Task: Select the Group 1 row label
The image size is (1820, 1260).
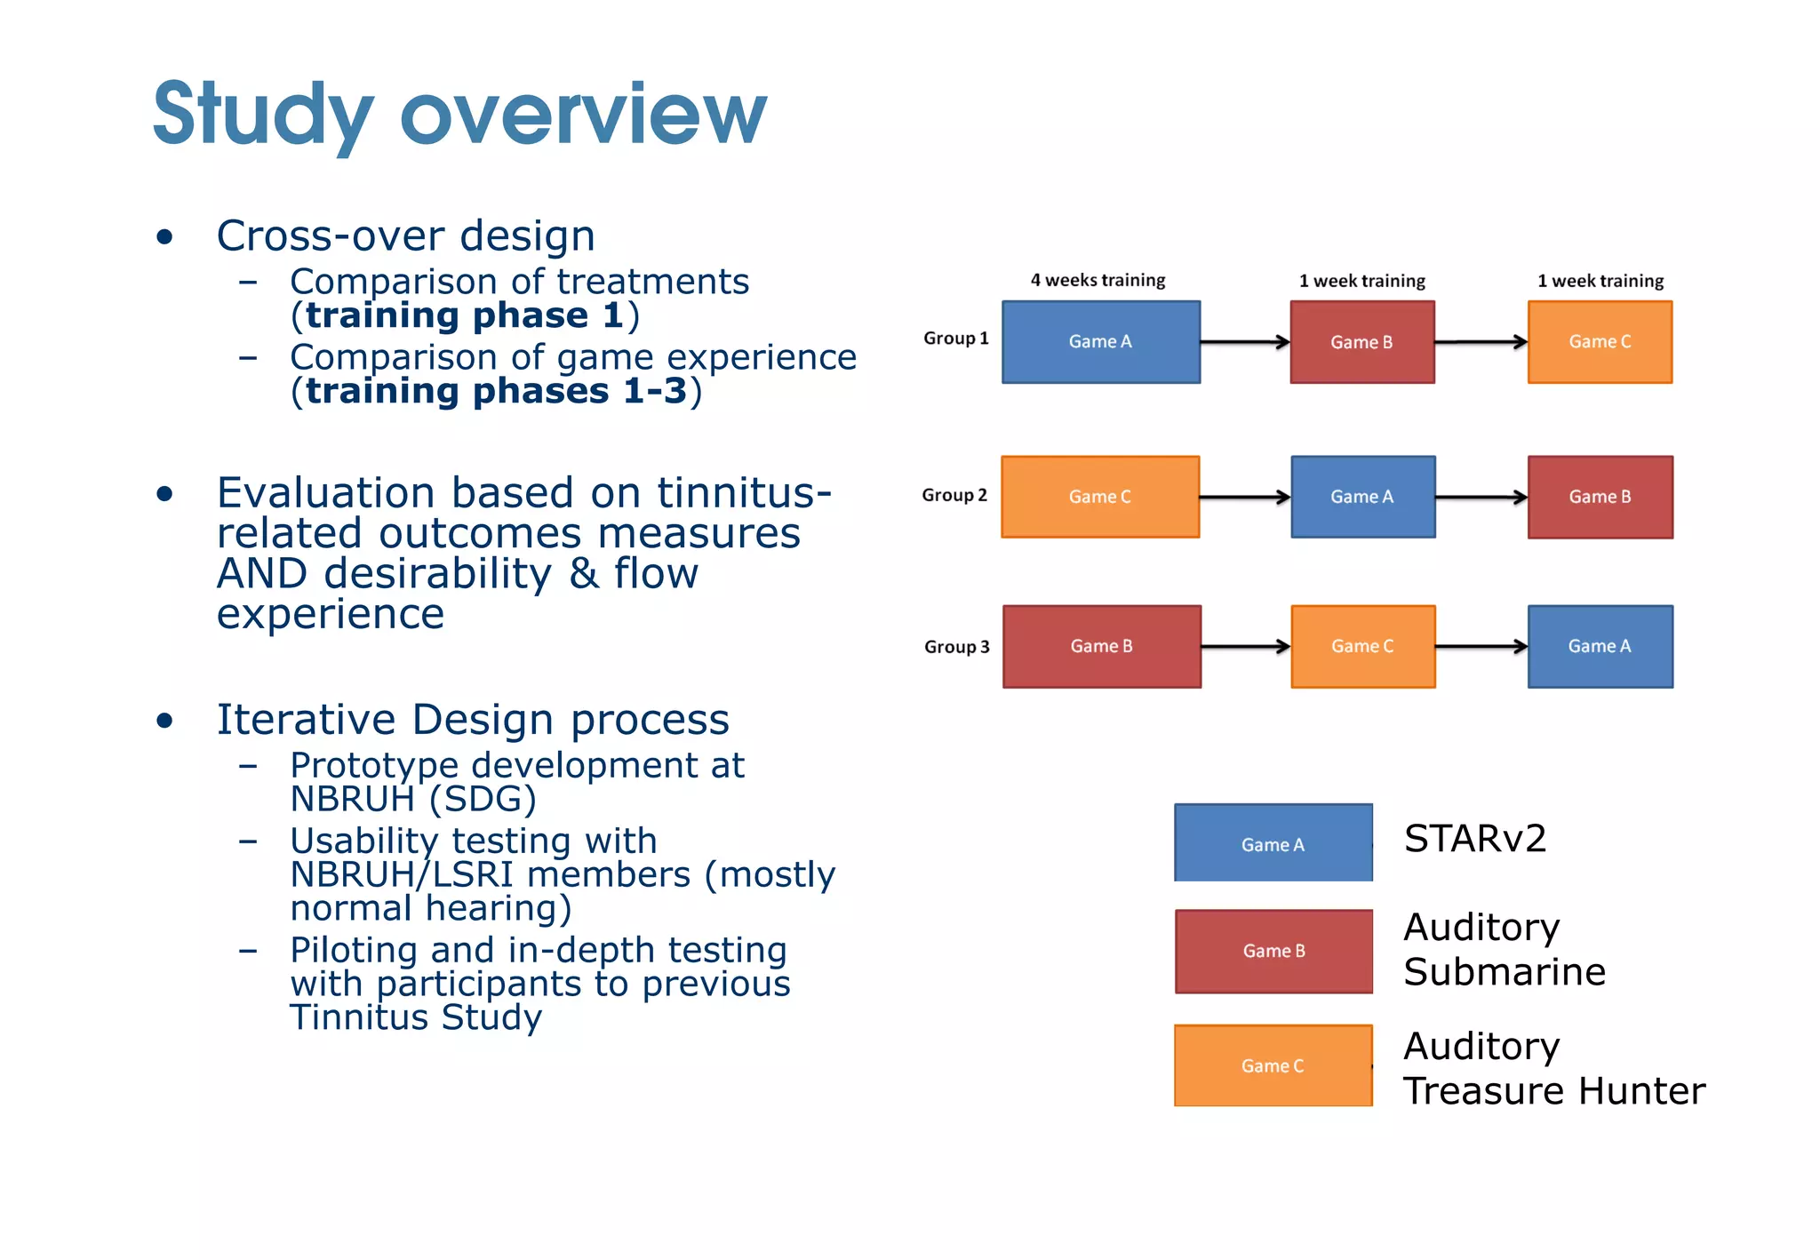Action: point(955,339)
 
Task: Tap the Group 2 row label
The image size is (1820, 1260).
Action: point(954,495)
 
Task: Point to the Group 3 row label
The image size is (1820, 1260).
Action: point(956,647)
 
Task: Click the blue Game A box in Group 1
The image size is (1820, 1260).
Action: point(1100,342)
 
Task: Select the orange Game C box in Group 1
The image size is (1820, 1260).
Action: point(1599,342)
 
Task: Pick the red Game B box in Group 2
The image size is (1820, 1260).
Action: point(1599,497)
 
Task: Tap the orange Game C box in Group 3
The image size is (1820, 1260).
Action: point(1361,647)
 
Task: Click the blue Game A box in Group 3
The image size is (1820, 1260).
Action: point(1599,647)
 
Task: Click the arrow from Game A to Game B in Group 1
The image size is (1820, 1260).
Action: point(1244,342)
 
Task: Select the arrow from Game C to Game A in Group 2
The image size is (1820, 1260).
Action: point(1244,497)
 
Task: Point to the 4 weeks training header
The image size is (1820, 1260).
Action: point(1098,281)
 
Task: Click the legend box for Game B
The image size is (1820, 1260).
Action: point(1273,951)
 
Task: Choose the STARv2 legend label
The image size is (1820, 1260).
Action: point(1474,839)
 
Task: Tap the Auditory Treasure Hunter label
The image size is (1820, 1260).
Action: point(1553,1068)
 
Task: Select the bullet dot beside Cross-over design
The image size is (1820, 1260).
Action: point(164,236)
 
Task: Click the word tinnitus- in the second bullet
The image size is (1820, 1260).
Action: point(744,493)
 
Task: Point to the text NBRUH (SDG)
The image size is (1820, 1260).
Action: point(413,800)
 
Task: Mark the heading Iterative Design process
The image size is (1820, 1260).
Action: point(473,720)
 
